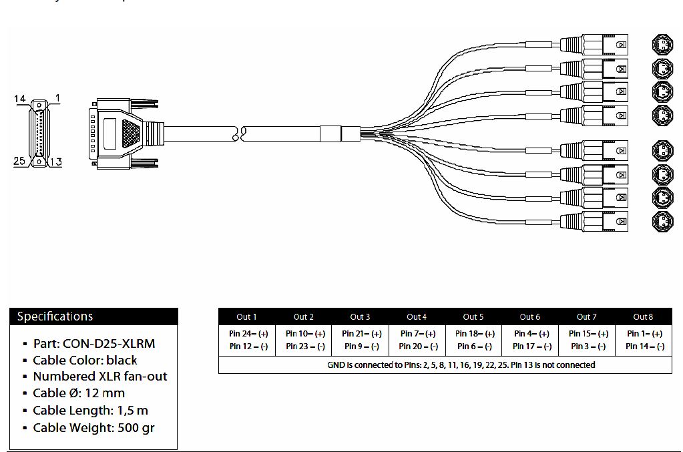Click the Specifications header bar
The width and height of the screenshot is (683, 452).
coord(93,316)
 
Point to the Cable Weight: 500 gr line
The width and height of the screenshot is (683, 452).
coord(93,427)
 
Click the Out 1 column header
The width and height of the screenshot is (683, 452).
coord(246,316)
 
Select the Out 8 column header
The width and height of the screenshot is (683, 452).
coord(643,316)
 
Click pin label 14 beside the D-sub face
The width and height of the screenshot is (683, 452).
coord(20,99)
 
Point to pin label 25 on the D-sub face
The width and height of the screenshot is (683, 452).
coord(20,161)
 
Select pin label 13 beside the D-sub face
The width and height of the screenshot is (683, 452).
coord(56,161)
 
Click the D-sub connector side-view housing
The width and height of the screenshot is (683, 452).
coord(124,132)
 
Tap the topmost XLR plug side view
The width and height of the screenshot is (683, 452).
coord(594,45)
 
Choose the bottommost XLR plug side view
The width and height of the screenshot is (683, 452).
coord(594,220)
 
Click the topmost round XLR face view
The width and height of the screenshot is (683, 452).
coord(662,45)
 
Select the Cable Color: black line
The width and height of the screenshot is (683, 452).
coord(85,361)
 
